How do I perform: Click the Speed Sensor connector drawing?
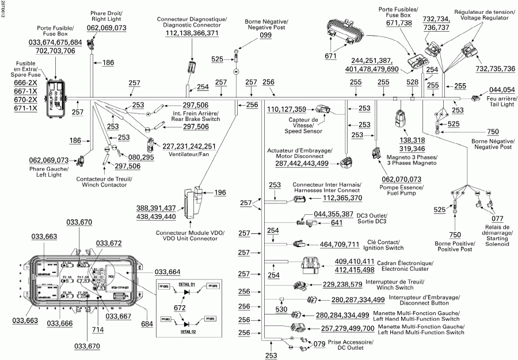tap(321, 109)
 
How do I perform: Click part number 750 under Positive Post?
tap(455, 234)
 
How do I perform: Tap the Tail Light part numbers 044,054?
tap(502, 90)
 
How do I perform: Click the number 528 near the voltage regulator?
tap(412, 83)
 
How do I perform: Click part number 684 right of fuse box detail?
tap(147, 324)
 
